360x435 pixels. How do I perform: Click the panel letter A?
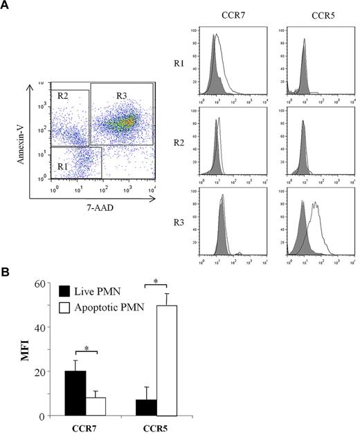click(x=6, y=6)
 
